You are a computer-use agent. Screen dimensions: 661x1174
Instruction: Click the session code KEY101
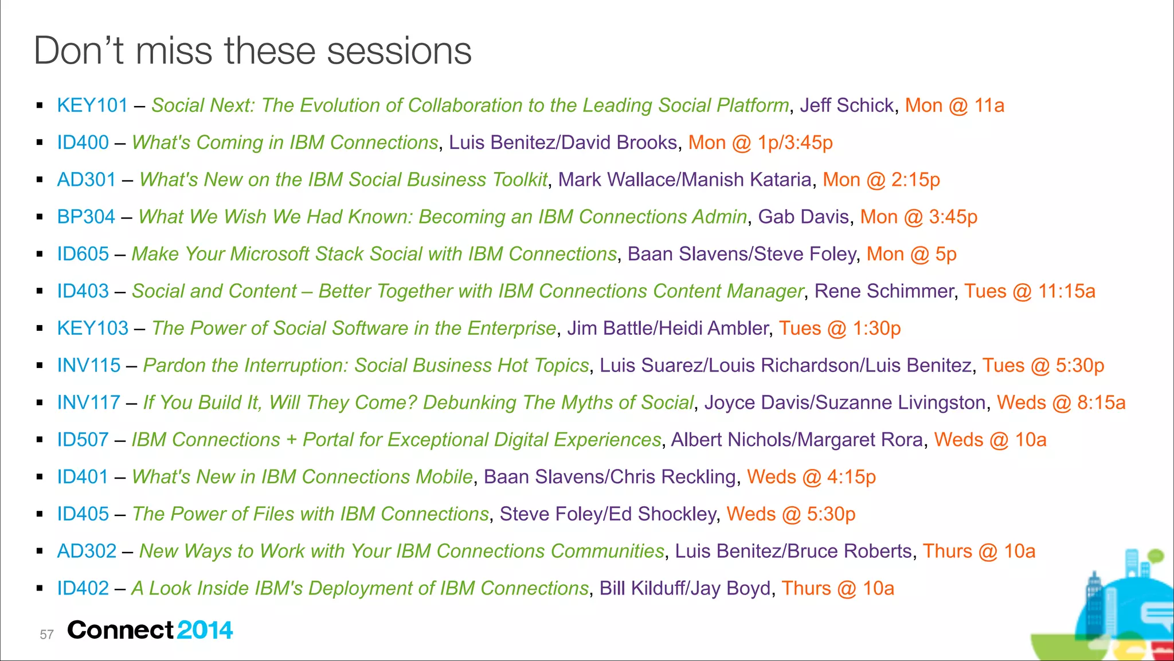click(x=92, y=105)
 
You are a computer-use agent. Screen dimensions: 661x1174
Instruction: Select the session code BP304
click(x=86, y=217)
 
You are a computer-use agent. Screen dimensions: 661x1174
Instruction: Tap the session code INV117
click(x=88, y=402)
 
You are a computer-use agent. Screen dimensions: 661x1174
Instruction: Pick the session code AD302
click(x=87, y=551)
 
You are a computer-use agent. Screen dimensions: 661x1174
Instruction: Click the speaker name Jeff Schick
click(x=847, y=105)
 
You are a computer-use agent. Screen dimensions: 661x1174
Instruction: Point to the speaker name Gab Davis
click(x=803, y=217)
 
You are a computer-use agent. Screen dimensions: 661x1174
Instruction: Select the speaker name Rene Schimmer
click(x=884, y=291)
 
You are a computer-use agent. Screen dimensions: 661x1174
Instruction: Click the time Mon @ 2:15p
click(x=881, y=180)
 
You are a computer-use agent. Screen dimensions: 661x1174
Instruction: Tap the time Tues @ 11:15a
click(x=1030, y=291)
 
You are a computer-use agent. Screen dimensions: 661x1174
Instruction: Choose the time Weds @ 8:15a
click(x=1061, y=402)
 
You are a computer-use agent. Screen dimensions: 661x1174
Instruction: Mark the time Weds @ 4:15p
click(x=811, y=477)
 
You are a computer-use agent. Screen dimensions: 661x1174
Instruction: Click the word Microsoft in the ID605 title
click(x=269, y=254)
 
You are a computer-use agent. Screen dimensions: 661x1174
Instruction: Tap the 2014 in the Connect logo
click(x=205, y=630)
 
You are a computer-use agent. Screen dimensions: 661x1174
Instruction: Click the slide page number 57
click(x=46, y=635)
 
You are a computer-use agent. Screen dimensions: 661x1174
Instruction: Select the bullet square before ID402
click(x=40, y=588)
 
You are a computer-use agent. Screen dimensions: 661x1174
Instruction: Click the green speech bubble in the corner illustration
click(x=1156, y=556)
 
